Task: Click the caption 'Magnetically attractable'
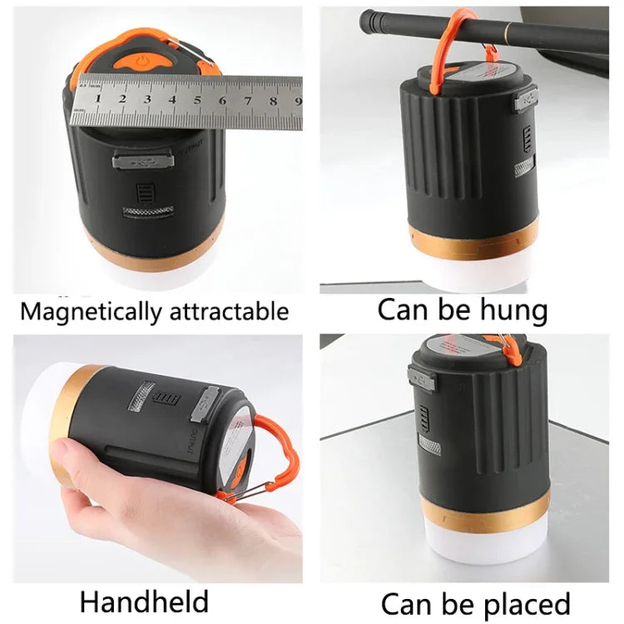(x=155, y=312)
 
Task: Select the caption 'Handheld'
(x=144, y=601)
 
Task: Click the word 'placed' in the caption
(x=521, y=603)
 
